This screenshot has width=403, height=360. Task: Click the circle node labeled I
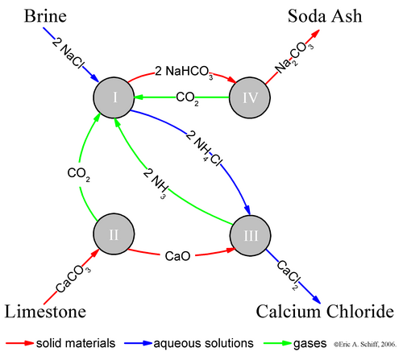[114, 97]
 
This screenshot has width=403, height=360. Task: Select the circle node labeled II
[114, 234]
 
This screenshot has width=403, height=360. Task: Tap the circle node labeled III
[251, 235]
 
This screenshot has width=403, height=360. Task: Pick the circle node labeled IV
[250, 97]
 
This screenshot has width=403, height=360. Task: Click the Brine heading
[45, 16]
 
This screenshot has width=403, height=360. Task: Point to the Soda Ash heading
[325, 16]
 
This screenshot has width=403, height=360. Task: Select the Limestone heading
[45, 312]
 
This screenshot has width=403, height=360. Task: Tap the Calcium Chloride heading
[325, 312]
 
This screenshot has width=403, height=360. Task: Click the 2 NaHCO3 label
[184, 72]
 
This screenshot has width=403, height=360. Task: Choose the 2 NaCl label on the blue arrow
[69, 52]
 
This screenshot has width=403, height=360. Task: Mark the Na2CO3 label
[294, 58]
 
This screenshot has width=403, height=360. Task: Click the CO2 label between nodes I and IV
[188, 98]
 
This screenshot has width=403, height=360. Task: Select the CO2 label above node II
[79, 174]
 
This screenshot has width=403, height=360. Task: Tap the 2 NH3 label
[156, 184]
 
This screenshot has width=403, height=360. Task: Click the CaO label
[177, 256]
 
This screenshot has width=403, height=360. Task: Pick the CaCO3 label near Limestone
[73, 279]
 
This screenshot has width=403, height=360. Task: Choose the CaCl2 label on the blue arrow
[288, 275]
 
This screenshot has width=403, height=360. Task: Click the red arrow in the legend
[19, 343]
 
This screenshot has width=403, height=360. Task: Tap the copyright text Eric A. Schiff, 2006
[365, 344]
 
